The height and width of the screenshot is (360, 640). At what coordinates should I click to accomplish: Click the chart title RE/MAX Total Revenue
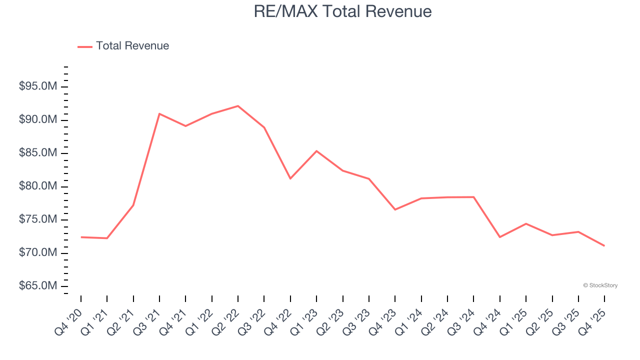tap(342, 11)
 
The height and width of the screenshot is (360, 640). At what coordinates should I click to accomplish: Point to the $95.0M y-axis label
tap(38, 87)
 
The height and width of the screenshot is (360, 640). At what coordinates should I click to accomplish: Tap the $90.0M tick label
tap(38, 120)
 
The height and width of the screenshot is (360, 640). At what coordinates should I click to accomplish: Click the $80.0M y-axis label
tap(38, 186)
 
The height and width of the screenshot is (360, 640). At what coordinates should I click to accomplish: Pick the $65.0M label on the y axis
tap(38, 286)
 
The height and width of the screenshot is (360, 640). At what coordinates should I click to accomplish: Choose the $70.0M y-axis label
tap(38, 253)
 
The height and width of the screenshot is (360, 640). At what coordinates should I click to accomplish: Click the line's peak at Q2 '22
tap(238, 106)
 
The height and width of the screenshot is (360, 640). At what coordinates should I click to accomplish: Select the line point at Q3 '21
tap(159, 114)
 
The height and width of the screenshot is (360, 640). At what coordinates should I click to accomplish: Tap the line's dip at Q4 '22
tap(290, 178)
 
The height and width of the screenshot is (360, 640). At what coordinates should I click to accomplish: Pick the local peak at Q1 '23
tap(316, 151)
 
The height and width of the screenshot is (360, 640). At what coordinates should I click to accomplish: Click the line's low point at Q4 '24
tap(500, 237)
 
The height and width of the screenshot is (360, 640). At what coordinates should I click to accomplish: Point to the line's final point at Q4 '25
tap(604, 245)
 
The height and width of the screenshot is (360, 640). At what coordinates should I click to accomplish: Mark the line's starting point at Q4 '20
tap(81, 237)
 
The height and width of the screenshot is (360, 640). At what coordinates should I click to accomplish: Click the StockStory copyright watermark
tap(600, 285)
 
